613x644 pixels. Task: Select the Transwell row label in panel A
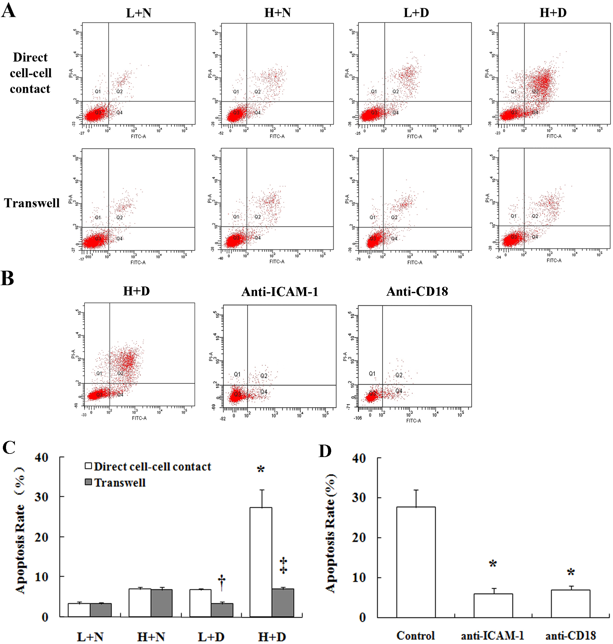pyautogui.click(x=32, y=203)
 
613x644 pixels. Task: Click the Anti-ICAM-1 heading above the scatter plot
pyautogui.click(x=280, y=292)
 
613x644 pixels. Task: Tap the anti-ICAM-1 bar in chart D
pyautogui.click(x=493, y=605)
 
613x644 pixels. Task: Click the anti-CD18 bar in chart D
pyautogui.click(x=571, y=603)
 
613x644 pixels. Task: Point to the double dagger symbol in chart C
pyautogui.click(x=283, y=565)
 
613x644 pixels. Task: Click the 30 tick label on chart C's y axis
pyautogui.click(x=41, y=497)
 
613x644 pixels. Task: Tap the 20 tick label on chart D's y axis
pyautogui.click(x=359, y=538)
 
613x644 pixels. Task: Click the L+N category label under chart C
pyautogui.click(x=90, y=637)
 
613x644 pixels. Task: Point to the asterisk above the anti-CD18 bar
pyautogui.click(x=571, y=572)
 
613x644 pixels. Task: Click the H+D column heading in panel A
pyautogui.click(x=553, y=13)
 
